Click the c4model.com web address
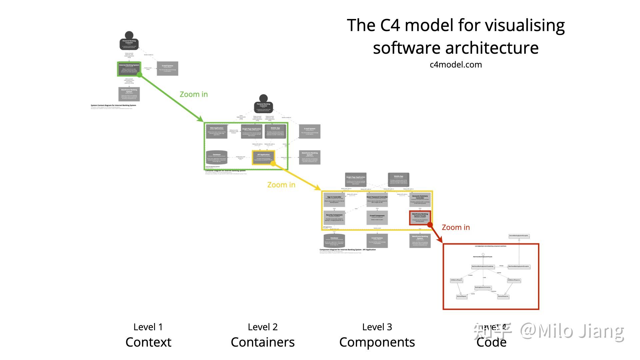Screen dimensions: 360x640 tap(456, 65)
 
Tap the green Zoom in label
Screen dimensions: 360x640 tap(194, 94)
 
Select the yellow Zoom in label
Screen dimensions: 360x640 tap(281, 185)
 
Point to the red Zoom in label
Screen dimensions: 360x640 tap(456, 227)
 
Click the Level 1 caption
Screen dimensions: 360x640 tap(148, 327)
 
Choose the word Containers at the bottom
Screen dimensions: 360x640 tap(263, 342)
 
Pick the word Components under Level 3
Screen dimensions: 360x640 tap(377, 342)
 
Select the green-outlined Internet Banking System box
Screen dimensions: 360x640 tap(129, 69)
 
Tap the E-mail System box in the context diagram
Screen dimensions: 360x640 tap(167, 68)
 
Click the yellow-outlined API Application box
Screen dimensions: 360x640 tap(263, 157)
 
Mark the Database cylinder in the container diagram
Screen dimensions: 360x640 tap(217, 157)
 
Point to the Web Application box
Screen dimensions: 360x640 tap(217, 131)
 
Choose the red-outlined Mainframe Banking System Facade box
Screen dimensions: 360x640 tap(420, 217)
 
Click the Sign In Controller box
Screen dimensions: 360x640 tap(334, 200)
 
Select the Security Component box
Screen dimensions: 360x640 tap(334, 217)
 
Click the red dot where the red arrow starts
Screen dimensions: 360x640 tap(430, 225)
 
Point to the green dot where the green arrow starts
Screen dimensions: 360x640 tap(140, 75)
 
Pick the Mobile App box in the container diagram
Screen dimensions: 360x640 tap(275, 131)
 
